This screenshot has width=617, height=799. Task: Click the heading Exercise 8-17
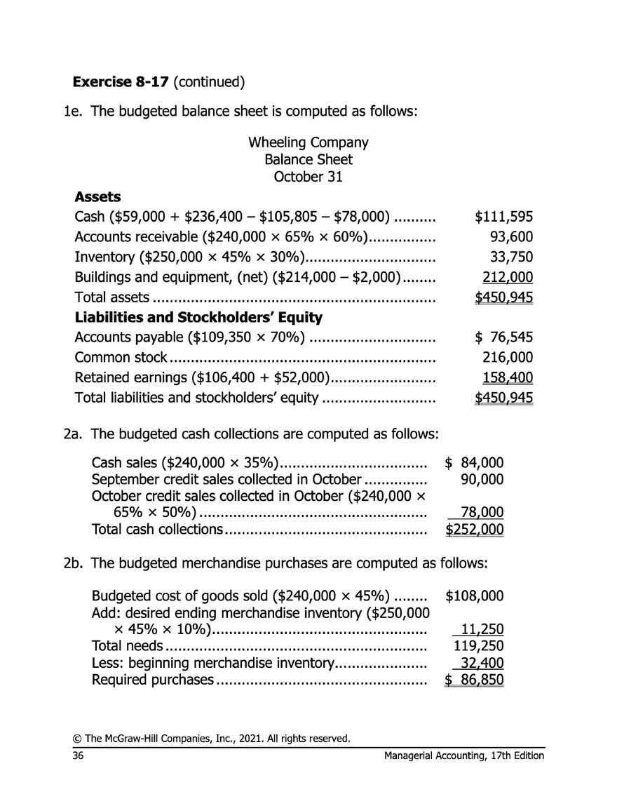coord(121,81)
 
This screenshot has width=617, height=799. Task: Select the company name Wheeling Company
coord(308,142)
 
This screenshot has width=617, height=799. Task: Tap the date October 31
coord(308,176)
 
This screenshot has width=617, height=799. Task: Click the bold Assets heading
coord(97,197)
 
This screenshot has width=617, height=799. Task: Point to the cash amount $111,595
coord(503,217)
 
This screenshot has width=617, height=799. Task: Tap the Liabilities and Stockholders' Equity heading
coord(198,317)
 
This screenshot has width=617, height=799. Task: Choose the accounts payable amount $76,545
coord(503,338)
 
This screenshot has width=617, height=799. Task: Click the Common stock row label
coord(121,358)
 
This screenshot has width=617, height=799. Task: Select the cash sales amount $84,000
coord(475,462)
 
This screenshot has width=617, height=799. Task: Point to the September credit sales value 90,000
coord(480,480)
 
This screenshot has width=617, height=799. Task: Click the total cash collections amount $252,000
coord(475,529)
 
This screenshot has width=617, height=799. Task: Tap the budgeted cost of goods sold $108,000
coord(475,596)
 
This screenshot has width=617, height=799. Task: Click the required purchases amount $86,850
coord(475,680)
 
